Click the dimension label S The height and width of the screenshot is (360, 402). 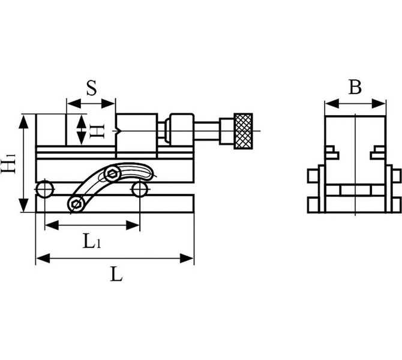[x=92, y=88]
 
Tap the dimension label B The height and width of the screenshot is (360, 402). [x=355, y=87]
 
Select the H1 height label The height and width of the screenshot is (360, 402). [x=8, y=163]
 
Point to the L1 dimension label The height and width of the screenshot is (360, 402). [x=92, y=241]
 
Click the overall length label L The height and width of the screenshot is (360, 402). [x=116, y=274]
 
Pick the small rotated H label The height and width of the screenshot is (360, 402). [x=97, y=131]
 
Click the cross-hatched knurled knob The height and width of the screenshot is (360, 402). [x=244, y=131]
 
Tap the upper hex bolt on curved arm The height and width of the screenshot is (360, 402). [x=113, y=174]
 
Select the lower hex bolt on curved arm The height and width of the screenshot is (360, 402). [x=76, y=204]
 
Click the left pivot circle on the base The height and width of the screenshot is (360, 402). [x=44, y=189]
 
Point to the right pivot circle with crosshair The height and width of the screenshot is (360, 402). [x=140, y=189]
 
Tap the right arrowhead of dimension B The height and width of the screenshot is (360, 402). [x=379, y=104]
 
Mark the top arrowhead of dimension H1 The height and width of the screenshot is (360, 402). [x=24, y=122]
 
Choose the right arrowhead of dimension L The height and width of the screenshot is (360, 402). [x=187, y=258]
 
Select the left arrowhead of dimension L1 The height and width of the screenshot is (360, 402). [x=52, y=225]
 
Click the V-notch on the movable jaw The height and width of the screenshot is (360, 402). [x=118, y=131]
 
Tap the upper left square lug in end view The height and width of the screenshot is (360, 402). [x=313, y=176]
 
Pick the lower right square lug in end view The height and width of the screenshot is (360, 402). [x=397, y=205]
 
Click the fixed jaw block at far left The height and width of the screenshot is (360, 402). [x=51, y=130]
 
